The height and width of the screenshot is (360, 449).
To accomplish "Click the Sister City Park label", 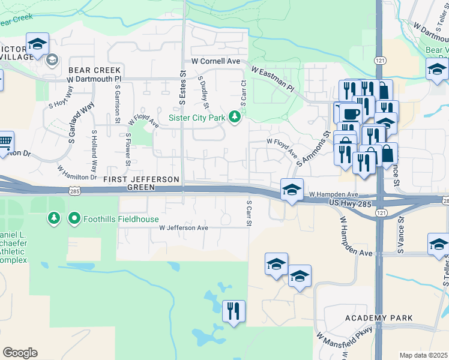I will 197,118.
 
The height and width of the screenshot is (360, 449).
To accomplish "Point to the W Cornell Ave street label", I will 215,61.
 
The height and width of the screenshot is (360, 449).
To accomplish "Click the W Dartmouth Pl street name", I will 94,79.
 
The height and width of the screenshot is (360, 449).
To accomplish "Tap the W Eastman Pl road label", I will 273,80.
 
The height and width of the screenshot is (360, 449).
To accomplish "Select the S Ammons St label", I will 316,149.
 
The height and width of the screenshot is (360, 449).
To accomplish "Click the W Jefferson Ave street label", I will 183,228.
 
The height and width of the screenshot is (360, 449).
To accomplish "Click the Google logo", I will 20,353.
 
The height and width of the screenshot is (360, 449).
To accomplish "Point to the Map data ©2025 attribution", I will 423,355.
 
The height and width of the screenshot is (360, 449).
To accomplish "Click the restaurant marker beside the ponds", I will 234,310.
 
